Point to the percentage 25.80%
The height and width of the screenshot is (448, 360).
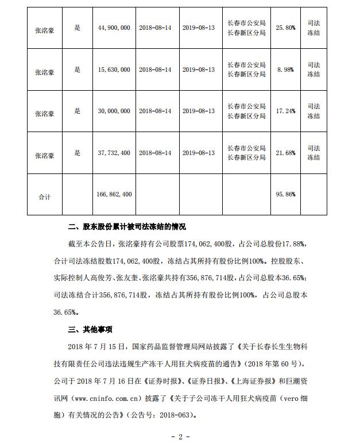pyautogui.click(x=285, y=27)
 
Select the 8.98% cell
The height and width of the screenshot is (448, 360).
pyautogui.click(x=285, y=69)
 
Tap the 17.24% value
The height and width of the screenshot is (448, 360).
pyautogui.click(x=285, y=111)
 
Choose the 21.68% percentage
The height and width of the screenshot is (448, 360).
pyautogui.click(x=285, y=153)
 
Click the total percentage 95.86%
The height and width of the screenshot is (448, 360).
pyautogui.click(x=285, y=195)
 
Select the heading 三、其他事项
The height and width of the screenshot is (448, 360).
pyautogui.click(x=90, y=330)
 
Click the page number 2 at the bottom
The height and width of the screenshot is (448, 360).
pyautogui.click(x=180, y=437)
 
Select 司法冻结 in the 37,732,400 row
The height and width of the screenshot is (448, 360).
pyautogui.click(x=313, y=153)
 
